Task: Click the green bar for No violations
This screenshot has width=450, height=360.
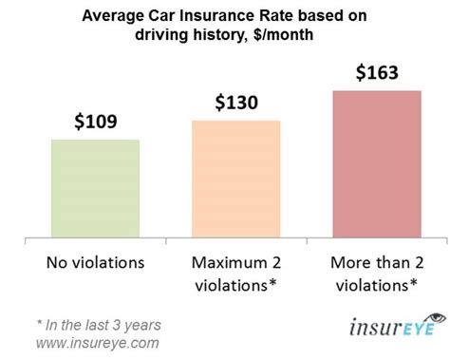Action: pos(95,187)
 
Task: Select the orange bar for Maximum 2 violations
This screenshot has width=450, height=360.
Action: pos(235,178)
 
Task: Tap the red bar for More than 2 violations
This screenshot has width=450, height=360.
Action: pos(377,162)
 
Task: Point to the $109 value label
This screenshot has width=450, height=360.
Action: pos(95,123)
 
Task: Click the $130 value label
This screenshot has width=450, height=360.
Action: pos(235,102)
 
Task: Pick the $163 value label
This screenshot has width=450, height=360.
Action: pos(377,71)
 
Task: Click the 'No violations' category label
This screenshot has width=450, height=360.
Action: pos(95,258)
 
